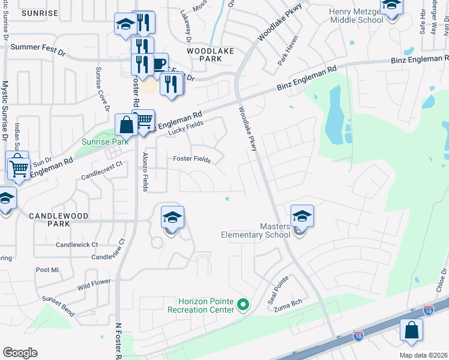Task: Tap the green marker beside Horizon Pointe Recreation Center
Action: click(243, 305)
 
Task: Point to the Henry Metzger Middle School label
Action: click(355, 16)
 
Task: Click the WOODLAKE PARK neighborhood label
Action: click(209, 52)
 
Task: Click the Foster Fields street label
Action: click(191, 158)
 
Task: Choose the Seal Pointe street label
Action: click(277, 289)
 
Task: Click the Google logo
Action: click(20, 353)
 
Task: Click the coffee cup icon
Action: click(158, 64)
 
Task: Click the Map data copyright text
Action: click(423, 355)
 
